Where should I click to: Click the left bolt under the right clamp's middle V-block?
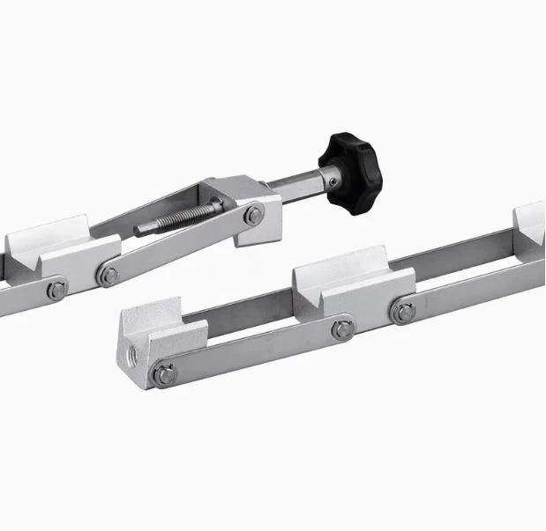(x=341, y=329)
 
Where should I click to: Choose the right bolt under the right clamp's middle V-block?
(x=405, y=310)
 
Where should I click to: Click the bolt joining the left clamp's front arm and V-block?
(x=109, y=277)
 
